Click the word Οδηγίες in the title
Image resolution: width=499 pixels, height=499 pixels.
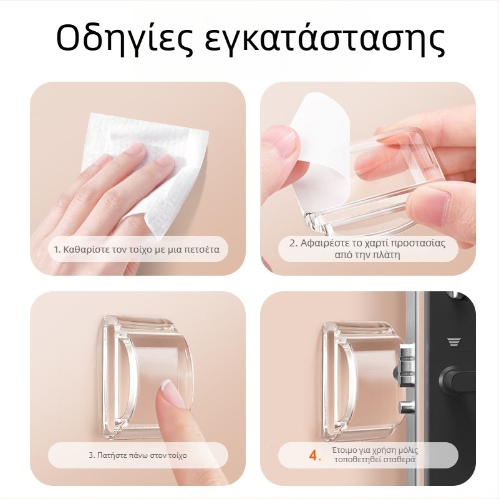tap(125, 39)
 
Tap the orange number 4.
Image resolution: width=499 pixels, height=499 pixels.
tap(314, 456)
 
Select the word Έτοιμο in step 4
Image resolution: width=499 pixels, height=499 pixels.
tap(347, 450)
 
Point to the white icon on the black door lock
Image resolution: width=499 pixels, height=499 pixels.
tap(453, 342)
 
